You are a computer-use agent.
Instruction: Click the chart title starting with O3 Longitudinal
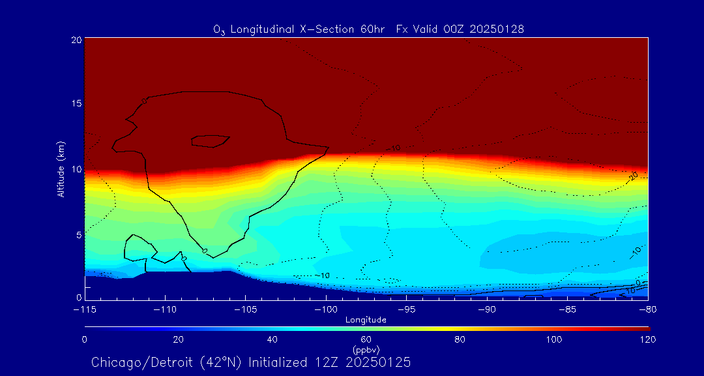pos(369,29)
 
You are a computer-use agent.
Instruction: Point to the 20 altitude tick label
pos(76,40)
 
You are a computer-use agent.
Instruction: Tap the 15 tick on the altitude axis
pos(76,104)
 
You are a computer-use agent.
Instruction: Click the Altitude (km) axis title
pos(61,169)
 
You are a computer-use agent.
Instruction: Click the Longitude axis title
pos(366,320)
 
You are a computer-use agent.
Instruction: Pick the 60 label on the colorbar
pos(366,339)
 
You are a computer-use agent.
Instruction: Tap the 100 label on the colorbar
pos(554,339)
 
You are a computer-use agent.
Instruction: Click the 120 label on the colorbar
pos(647,339)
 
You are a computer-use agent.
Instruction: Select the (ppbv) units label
pos(366,350)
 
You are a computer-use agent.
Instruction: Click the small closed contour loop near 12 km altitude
pos(210,140)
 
